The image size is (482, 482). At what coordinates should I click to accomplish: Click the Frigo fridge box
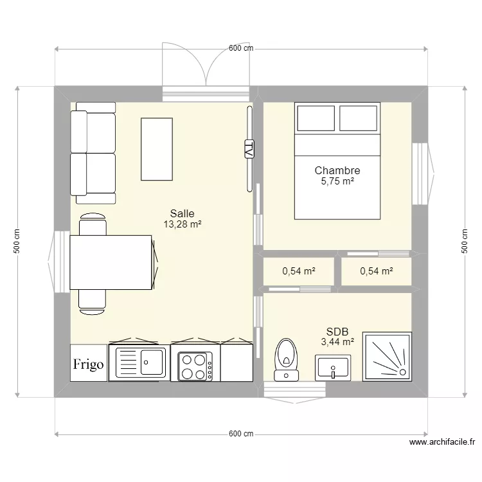click(x=89, y=363)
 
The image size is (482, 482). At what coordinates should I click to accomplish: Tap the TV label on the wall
click(x=249, y=149)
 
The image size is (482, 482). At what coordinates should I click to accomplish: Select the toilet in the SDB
click(x=286, y=360)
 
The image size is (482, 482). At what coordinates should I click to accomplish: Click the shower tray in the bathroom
click(x=387, y=357)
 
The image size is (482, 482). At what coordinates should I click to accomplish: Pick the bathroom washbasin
click(x=333, y=368)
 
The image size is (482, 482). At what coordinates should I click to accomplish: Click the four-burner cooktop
click(x=195, y=366)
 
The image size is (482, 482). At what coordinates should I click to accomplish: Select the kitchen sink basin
click(x=152, y=362)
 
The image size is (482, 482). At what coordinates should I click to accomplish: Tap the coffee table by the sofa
click(x=157, y=149)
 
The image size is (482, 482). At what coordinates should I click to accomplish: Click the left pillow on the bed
click(x=316, y=118)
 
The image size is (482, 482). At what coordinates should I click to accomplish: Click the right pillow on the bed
click(x=359, y=118)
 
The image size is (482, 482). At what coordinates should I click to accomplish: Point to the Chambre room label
click(x=337, y=170)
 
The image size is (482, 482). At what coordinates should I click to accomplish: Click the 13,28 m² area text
click(x=183, y=224)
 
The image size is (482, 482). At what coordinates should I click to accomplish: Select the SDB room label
click(x=337, y=332)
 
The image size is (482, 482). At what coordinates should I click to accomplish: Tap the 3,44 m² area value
click(x=337, y=341)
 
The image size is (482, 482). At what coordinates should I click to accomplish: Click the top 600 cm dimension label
click(x=241, y=48)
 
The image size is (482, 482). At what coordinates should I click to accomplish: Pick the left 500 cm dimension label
click(x=17, y=241)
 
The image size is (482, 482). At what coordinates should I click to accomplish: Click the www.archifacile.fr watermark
click(x=442, y=442)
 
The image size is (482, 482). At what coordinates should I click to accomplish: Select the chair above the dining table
click(x=93, y=224)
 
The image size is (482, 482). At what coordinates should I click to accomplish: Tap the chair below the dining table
click(x=92, y=302)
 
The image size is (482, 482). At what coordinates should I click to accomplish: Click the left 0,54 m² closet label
click(x=299, y=271)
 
